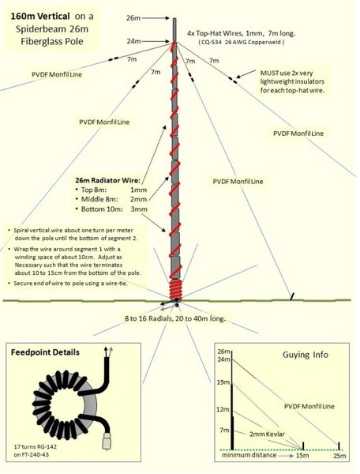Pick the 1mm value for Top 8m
click(139, 190)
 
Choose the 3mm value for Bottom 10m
click(139, 213)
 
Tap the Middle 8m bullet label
click(99, 201)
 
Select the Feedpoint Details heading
click(51, 352)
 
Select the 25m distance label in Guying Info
click(339, 457)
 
